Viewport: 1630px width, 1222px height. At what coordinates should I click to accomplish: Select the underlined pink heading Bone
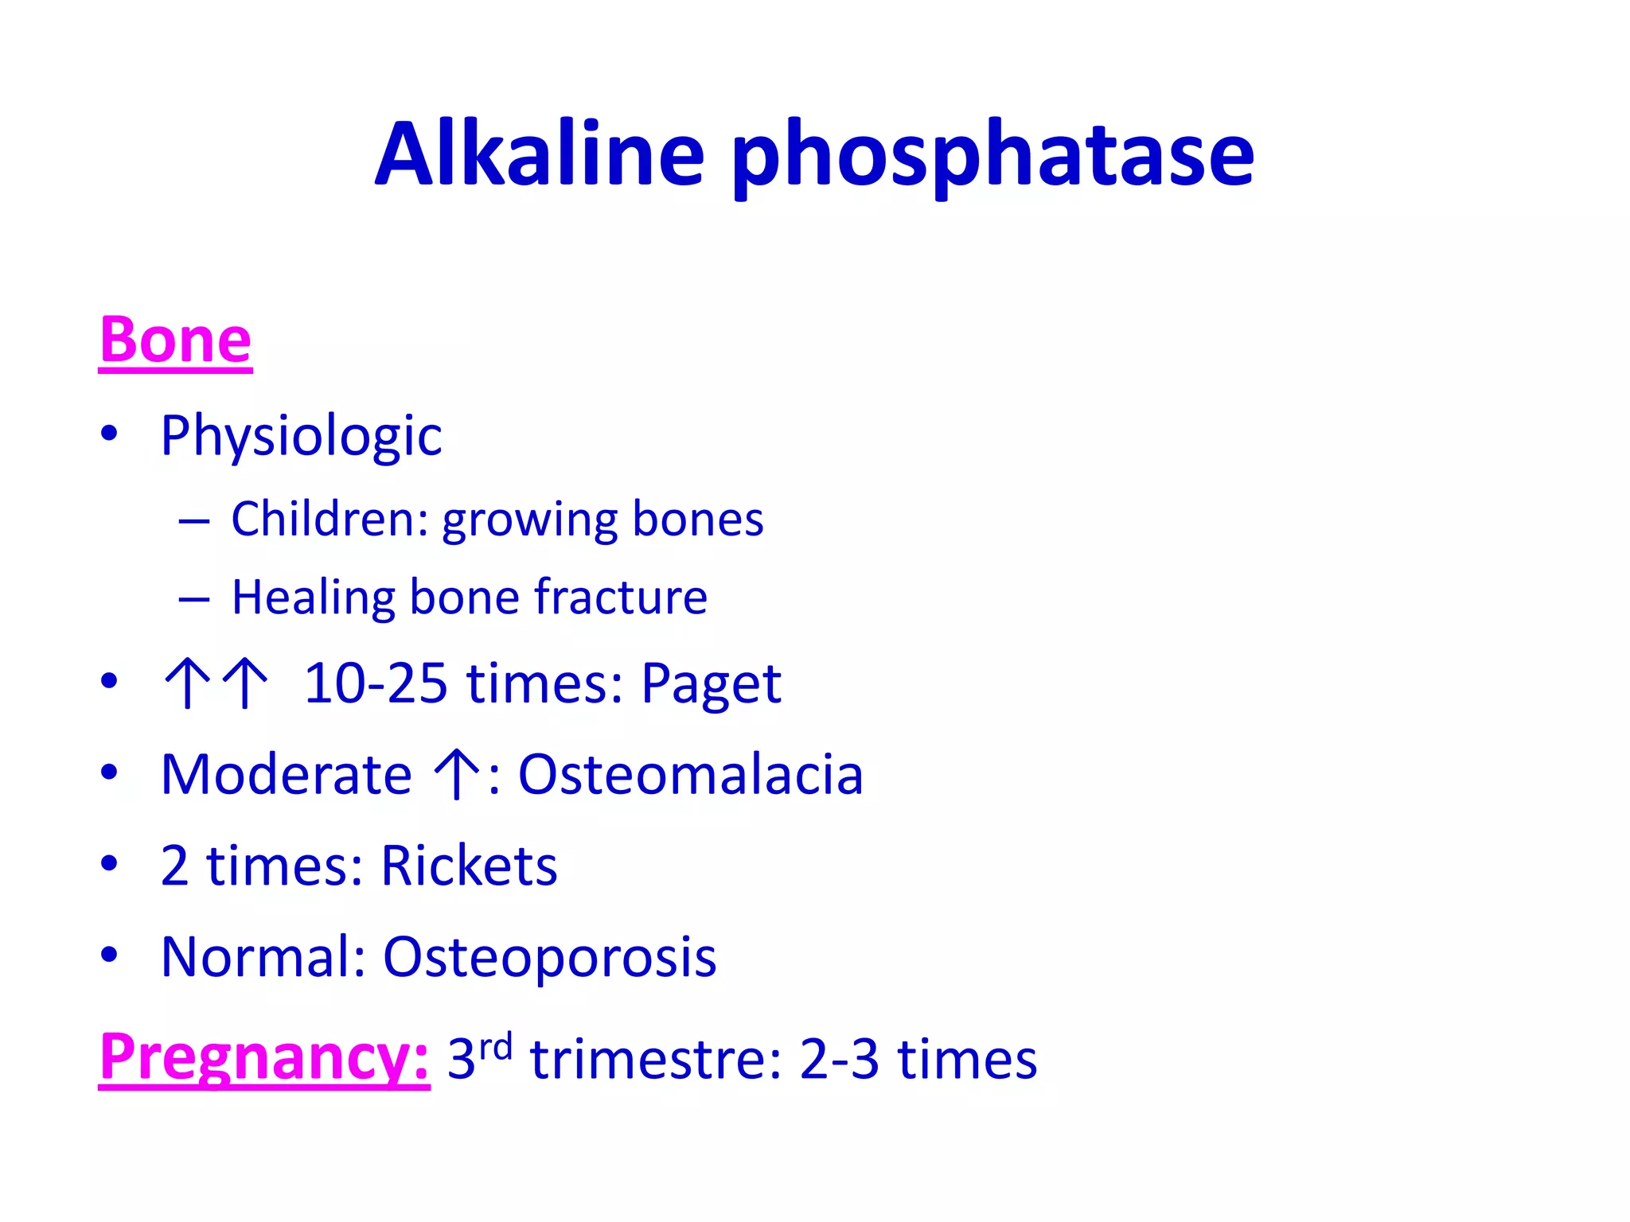[175, 341]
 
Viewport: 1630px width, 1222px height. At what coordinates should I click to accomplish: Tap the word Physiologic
[301, 436]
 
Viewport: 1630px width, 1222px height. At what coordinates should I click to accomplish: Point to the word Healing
[313, 597]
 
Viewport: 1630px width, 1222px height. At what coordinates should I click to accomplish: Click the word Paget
[711, 684]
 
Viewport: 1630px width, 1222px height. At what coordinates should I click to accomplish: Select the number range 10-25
[376, 683]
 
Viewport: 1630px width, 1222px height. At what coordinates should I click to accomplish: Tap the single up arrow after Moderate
[456, 774]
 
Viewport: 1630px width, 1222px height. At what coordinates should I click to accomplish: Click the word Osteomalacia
[690, 774]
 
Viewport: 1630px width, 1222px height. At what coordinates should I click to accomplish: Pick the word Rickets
[469, 866]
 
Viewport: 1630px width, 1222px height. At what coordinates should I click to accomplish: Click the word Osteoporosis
[549, 956]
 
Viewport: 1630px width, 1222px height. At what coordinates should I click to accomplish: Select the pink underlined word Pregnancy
[264, 1057]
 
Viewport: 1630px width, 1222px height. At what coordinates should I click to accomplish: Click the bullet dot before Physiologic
[109, 434]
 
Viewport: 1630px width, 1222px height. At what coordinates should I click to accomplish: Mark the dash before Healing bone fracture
[194, 599]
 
